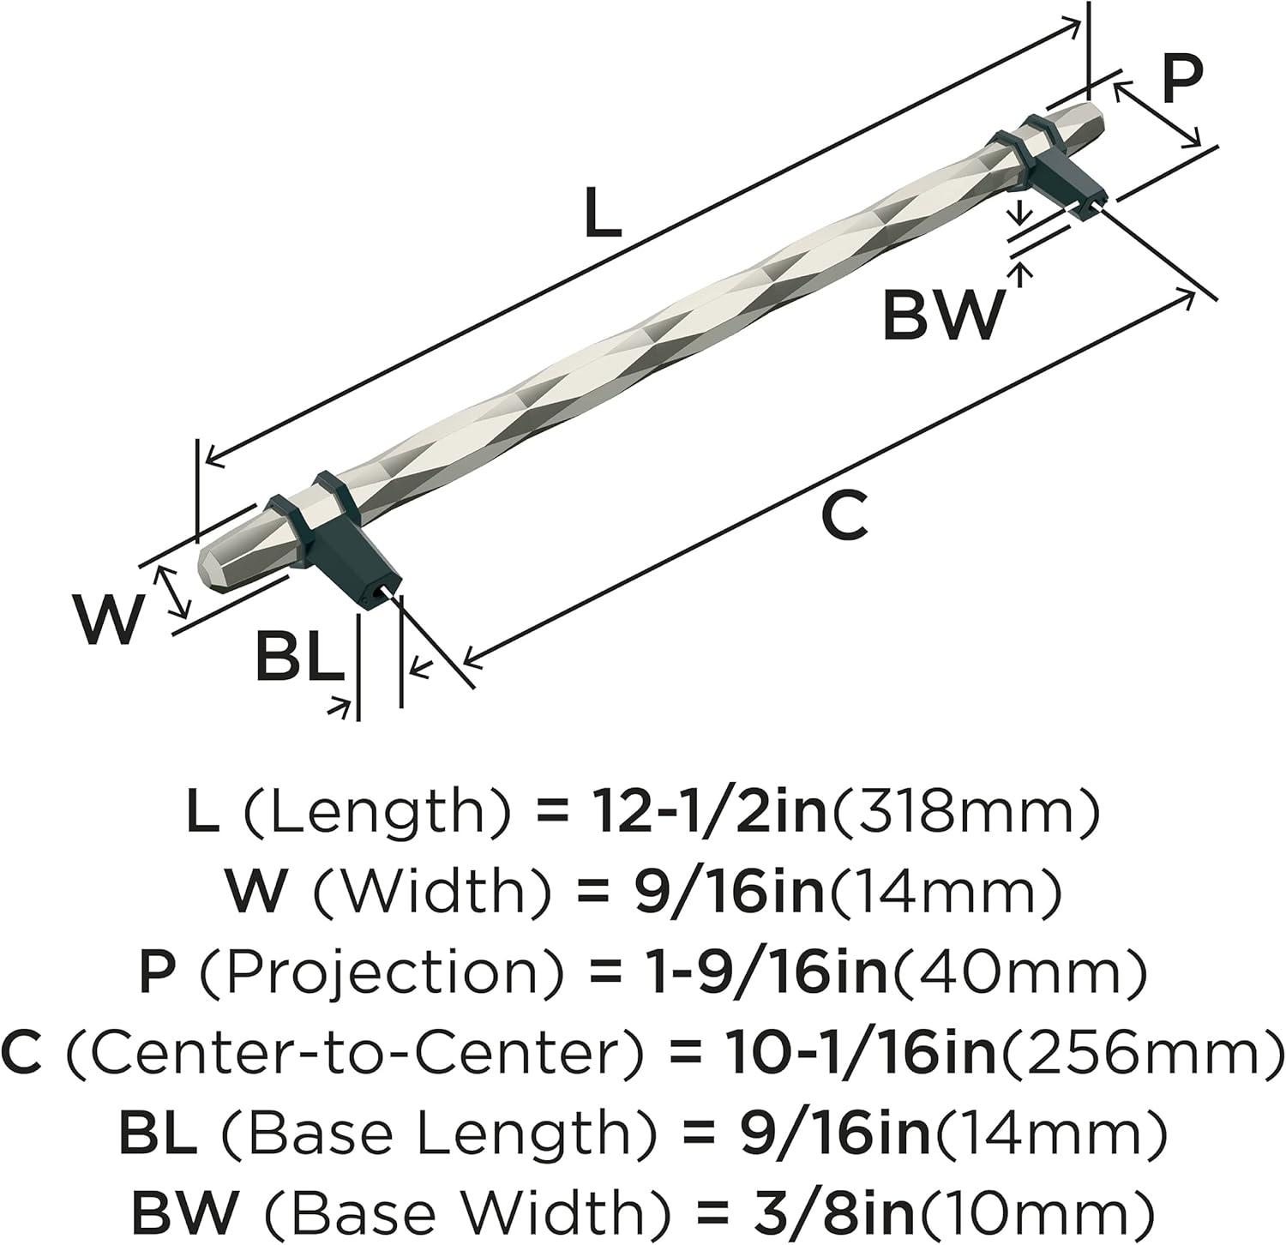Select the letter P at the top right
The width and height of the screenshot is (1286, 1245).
[1183, 79]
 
